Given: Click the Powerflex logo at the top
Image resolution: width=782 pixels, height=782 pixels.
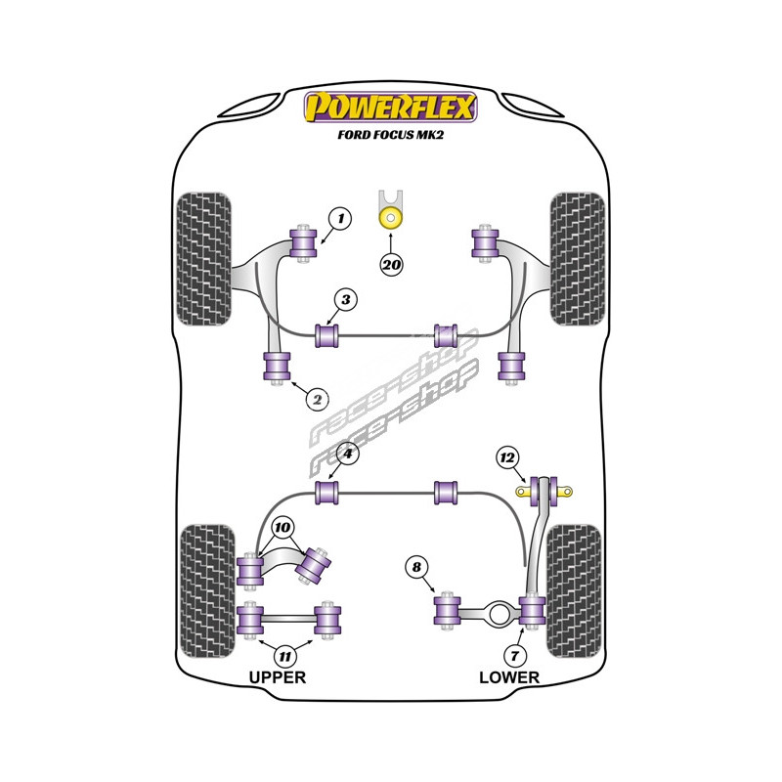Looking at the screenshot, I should coord(391,106).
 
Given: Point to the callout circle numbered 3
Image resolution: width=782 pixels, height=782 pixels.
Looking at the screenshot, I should coord(345,300).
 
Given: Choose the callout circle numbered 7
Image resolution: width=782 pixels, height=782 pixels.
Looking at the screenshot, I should coord(515,653).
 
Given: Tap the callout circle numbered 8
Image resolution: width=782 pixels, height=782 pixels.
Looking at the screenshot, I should coord(417,567).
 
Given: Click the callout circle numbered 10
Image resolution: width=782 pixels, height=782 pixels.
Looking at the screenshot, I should coord(282,528).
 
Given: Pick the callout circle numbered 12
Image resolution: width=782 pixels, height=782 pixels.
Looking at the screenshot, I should coord(506,456).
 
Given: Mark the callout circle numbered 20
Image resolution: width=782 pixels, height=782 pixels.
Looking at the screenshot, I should coord(392,263).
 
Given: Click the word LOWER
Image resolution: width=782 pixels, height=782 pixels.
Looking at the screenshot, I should coord(508,676).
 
